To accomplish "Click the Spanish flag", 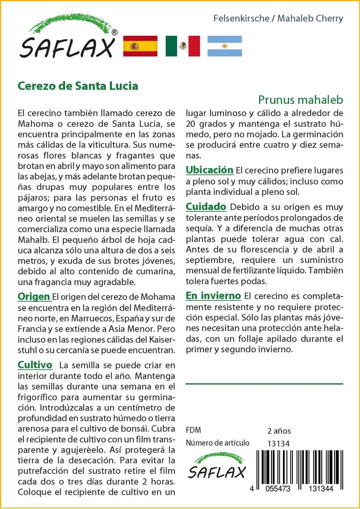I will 140,46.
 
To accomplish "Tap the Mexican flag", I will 182,46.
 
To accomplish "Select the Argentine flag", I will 225,46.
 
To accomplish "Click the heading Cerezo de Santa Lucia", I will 78,85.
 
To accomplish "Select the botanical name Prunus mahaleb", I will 300,99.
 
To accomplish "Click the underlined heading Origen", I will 34,297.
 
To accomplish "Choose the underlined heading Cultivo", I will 35,365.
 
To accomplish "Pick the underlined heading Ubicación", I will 209,170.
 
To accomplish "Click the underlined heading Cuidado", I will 206,206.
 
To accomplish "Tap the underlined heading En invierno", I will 213,296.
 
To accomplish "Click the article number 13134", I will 278,443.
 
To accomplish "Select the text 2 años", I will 279,430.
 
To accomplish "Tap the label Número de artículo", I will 217,443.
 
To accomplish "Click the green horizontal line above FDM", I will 264,384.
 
